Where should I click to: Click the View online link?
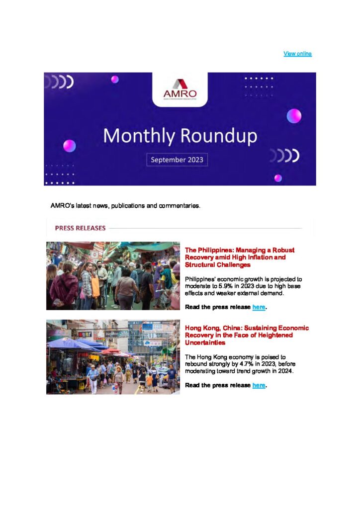[x=297, y=54]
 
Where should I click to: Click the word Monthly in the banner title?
[x=133, y=136]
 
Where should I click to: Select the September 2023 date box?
[x=178, y=160]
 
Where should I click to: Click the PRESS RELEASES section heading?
[x=80, y=228]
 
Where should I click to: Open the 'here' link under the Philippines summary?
[x=259, y=307]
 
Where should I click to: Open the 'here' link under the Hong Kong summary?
[x=259, y=385]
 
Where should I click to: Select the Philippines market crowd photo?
[x=113, y=276]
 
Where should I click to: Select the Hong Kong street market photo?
[x=113, y=357]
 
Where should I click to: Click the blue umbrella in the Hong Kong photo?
[x=72, y=343]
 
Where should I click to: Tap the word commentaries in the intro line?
[x=180, y=205]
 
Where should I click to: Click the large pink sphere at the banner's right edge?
[x=294, y=116]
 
